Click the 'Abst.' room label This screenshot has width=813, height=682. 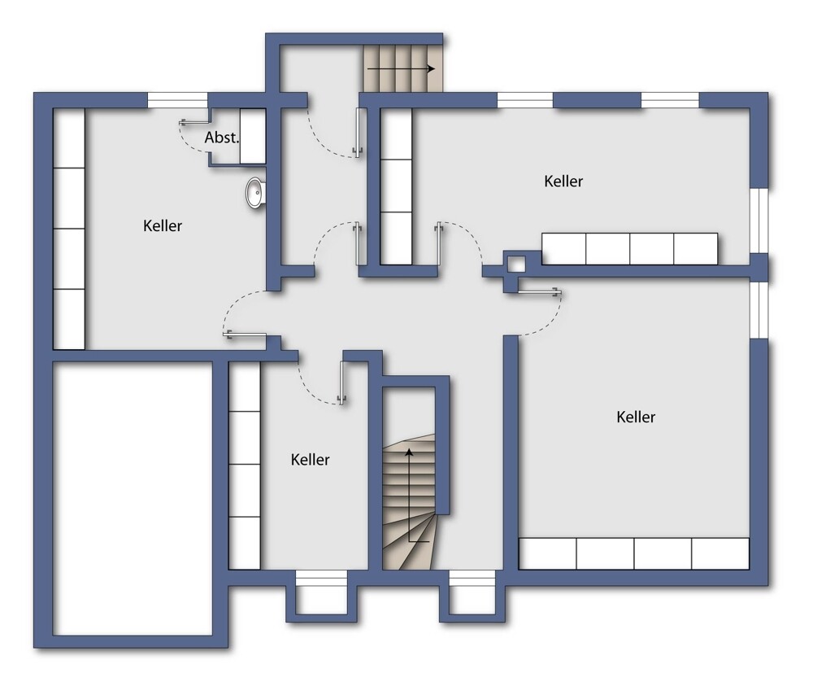(222, 138)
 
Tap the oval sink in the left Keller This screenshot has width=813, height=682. (255, 193)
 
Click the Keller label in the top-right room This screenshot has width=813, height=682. (563, 181)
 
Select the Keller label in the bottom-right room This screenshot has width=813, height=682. (636, 417)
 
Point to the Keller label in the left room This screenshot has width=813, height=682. (163, 225)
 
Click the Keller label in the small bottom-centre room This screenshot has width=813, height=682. (310, 459)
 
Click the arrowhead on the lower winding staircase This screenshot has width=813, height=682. (410, 452)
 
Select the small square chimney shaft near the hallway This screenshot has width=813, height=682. (517, 264)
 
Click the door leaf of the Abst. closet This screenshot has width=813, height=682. (195, 123)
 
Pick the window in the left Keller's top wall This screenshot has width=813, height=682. (178, 100)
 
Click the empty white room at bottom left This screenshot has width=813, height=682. (133, 498)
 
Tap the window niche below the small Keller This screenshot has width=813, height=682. (321, 592)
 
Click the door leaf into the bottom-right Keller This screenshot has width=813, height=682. (540, 292)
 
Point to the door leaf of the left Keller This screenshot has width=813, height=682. (245, 334)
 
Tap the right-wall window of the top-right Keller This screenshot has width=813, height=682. (759, 221)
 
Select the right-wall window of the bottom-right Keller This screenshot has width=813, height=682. (759, 310)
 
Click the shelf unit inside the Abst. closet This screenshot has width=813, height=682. (253, 136)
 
